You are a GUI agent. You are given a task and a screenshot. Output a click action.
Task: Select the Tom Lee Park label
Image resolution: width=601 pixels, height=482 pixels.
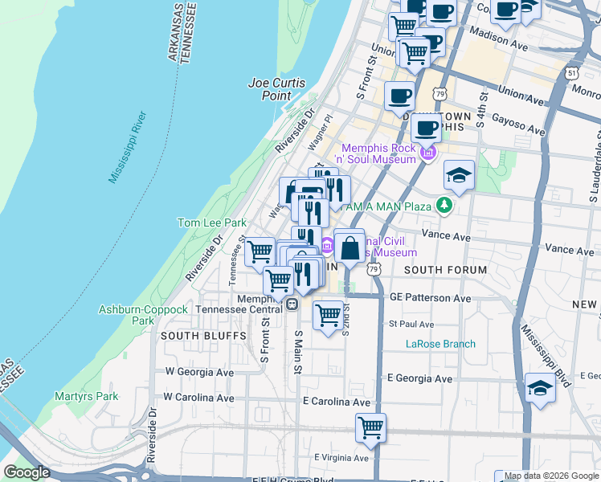click(211, 223)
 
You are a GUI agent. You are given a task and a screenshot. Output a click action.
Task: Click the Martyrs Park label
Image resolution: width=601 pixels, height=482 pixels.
click(86, 396)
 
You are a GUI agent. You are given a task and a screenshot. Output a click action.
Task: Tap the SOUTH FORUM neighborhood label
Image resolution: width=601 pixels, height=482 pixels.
click(445, 270)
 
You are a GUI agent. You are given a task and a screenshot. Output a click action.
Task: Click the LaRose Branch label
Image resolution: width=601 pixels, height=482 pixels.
click(440, 344)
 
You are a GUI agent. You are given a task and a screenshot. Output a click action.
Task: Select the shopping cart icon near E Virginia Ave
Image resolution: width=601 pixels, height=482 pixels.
click(370, 427)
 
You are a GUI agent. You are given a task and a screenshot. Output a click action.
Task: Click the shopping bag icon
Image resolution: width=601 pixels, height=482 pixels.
click(350, 247)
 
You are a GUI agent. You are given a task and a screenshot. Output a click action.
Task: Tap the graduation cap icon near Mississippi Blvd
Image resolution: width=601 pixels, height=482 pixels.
click(540, 388)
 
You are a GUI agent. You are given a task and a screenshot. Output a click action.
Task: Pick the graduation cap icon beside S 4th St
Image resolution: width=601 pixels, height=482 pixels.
click(459, 175)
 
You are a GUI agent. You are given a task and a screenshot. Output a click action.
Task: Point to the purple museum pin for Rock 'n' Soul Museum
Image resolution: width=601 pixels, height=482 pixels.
click(429, 153)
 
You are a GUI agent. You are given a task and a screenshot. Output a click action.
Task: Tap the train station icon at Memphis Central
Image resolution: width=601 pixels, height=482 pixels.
click(292, 304)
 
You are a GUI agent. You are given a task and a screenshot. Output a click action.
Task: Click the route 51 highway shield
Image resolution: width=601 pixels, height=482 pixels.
click(570, 72)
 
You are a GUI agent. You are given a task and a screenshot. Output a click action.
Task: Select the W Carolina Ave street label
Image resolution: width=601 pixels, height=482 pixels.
click(198, 398)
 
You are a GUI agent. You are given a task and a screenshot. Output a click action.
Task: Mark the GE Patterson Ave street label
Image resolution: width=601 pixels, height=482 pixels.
click(430, 298)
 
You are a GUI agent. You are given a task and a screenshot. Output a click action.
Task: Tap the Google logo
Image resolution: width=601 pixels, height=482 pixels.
click(27, 472)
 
